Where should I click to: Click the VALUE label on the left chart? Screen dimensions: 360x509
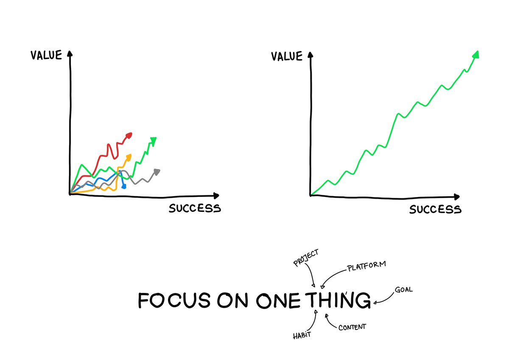pos(46,55)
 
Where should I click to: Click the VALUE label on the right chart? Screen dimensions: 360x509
pos(287,56)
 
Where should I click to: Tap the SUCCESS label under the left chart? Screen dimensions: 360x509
pos(195,208)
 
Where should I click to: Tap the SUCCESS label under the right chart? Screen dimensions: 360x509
pos(435,209)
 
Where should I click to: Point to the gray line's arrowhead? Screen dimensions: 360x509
pos(157,172)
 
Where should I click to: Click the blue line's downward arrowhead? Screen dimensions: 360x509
pos(123,186)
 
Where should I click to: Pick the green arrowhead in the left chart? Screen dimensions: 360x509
pos(154,140)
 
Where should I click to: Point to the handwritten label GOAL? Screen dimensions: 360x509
pos(403,290)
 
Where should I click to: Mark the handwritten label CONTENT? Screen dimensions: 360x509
pos(352,327)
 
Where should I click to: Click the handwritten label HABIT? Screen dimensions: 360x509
pos(302,335)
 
